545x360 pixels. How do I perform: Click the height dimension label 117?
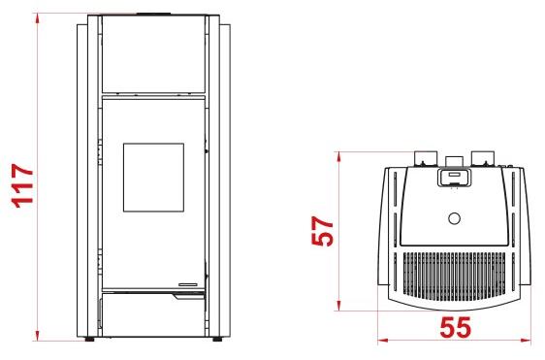click(22, 185)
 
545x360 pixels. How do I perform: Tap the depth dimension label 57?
click(322, 231)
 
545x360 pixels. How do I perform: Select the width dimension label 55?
click(456, 327)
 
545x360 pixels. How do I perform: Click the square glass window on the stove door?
click(153, 178)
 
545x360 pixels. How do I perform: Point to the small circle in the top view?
click(454, 218)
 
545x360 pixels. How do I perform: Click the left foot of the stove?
click(89, 339)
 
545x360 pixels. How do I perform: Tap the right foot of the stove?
click(218, 339)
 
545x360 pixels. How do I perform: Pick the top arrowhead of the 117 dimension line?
click(37, 18)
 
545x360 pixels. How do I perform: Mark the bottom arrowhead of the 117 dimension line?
click(37, 336)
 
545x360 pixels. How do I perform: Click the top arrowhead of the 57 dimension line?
click(338, 157)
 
